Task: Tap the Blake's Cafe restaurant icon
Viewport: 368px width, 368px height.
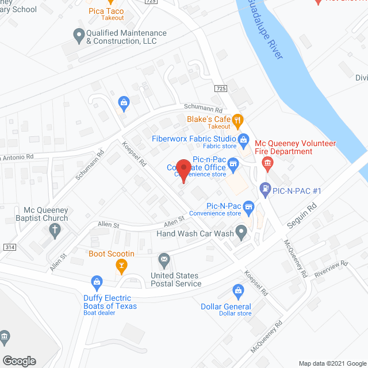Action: click(x=239, y=120)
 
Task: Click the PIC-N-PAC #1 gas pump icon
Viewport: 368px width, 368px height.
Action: click(x=265, y=187)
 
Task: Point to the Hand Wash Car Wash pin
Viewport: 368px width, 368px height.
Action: click(x=242, y=232)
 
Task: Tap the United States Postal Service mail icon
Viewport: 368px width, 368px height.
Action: click(x=164, y=260)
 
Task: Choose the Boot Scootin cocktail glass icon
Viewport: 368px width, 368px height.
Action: click(x=121, y=265)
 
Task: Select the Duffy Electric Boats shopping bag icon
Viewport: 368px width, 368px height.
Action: click(x=97, y=282)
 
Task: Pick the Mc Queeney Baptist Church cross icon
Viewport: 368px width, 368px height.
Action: click(x=55, y=231)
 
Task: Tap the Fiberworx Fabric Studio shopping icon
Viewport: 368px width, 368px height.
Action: click(x=243, y=139)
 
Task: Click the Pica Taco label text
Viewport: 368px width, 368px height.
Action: click(x=107, y=11)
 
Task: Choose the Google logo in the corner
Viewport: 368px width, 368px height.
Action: click(x=19, y=361)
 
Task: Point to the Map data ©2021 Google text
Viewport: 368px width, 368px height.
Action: click(x=332, y=363)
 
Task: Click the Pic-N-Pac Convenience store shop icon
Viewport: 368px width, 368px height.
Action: click(x=248, y=205)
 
